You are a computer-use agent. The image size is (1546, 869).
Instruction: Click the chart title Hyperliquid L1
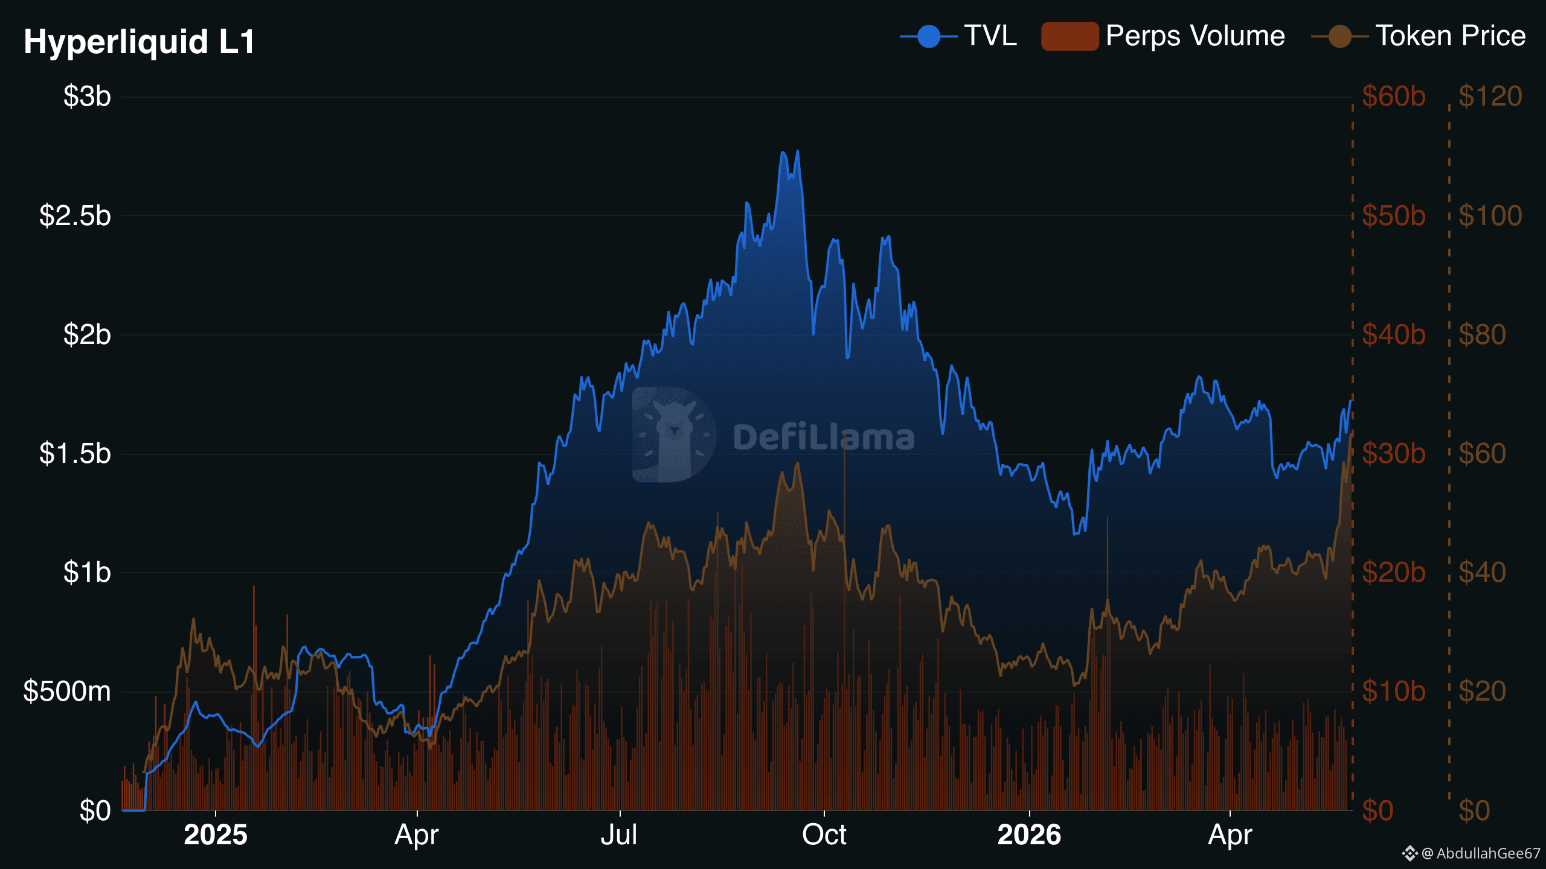click(140, 42)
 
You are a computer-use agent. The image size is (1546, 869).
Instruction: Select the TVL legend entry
click(958, 36)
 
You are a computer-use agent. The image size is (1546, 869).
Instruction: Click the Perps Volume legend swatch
click(1070, 36)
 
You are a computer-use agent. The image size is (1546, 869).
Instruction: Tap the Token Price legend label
click(1451, 36)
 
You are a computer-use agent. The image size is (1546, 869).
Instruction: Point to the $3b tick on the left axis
click(87, 97)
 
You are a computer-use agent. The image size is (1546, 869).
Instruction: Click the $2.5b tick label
click(75, 215)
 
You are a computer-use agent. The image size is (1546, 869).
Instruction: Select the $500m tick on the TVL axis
click(67, 692)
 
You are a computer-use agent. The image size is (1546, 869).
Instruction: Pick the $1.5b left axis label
click(75, 454)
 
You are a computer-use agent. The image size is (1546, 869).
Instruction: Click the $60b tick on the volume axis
click(1394, 97)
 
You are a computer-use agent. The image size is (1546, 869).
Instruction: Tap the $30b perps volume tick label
click(1394, 454)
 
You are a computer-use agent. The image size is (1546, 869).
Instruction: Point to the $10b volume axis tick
click(1394, 692)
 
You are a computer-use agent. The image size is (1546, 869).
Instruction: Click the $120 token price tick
click(1490, 97)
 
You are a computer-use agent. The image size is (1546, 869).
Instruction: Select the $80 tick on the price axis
click(1483, 335)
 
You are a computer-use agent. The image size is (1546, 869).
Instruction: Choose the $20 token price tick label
click(1483, 692)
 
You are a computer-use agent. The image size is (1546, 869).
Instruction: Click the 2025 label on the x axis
click(216, 835)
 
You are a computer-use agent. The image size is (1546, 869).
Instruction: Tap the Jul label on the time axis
click(620, 835)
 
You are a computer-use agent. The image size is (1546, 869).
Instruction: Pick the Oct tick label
click(824, 835)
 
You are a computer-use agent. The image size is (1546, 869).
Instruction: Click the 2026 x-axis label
click(1029, 835)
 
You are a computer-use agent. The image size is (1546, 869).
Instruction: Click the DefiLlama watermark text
click(824, 437)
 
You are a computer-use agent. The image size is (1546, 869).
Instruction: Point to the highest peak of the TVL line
click(798, 151)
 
